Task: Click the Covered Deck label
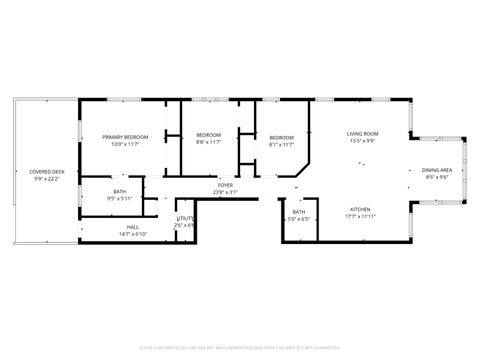click(x=46, y=172)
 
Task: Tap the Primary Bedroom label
click(x=125, y=136)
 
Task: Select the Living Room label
click(x=362, y=133)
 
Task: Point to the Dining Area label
click(x=438, y=171)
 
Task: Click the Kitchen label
click(x=360, y=209)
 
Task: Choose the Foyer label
click(x=226, y=185)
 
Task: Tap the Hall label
click(x=133, y=227)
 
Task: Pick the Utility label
click(x=185, y=218)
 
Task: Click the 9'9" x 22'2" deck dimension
click(x=46, y=179)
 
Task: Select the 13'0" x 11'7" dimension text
click(x=125, y=144)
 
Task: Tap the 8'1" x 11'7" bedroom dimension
click(x=282, y=144)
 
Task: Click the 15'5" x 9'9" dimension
click(x=362, y=141)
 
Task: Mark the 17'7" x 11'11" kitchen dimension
click(x=360, y=216)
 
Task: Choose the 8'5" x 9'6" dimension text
click(x=438, y=178)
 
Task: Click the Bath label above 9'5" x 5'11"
click(x=120, y=191)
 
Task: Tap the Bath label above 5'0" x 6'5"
click(x=299, y=212)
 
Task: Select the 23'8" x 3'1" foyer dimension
click(x=226, y=192)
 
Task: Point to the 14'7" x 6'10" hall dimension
click(x=133, y=234)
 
